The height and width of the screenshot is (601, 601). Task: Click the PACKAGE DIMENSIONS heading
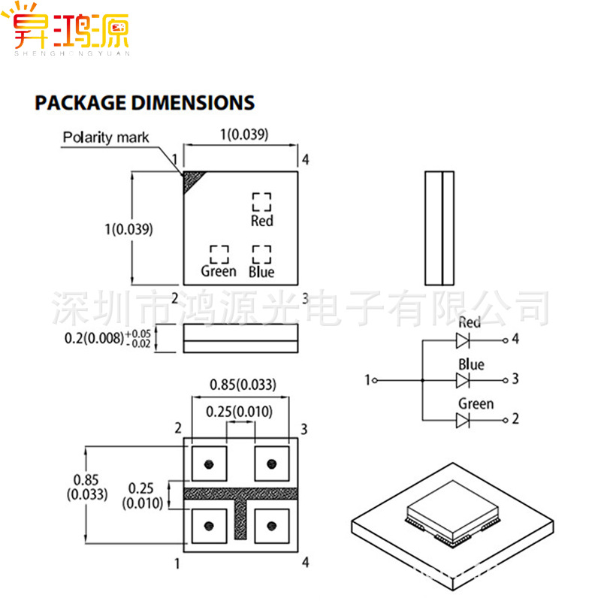click(144, 103)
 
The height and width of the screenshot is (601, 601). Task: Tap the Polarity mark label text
click(106, 137)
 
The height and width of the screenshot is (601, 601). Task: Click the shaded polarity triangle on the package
click(192, 180)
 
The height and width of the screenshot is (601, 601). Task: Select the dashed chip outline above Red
click(261, 201)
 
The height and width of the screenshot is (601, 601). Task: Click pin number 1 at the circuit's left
click(367, 380)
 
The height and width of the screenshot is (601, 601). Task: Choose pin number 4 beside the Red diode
click(515, 339)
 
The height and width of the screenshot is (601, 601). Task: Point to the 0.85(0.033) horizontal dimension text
click(242, 385)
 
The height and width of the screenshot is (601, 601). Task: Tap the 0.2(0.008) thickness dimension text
click(94, 338)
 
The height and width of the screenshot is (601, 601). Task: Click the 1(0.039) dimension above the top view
click(242, 135)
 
